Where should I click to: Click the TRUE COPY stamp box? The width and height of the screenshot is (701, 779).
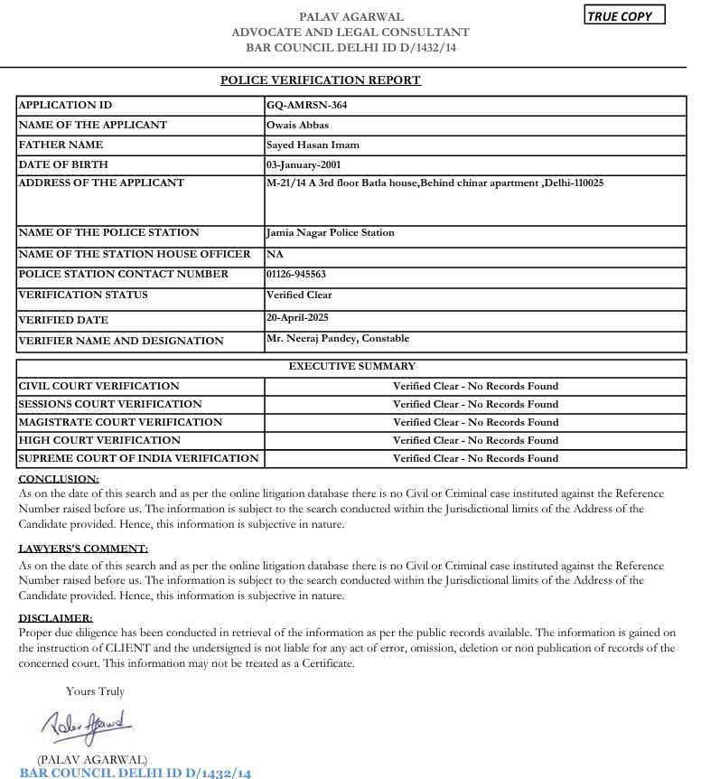[624, 15]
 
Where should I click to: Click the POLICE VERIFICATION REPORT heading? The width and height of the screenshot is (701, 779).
[321, 80]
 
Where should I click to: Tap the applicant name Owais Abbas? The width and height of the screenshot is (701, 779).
[297, 125]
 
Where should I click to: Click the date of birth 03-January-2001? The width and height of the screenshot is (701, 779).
[303, 164]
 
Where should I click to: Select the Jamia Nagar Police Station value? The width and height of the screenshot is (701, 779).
[330, 232]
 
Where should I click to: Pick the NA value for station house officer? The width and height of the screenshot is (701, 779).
[275, 254]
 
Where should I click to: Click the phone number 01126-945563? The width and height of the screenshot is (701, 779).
[295, 274]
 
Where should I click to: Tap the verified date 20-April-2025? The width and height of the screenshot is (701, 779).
[297, 317]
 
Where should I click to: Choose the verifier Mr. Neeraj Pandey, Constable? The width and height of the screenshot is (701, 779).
[338, 338]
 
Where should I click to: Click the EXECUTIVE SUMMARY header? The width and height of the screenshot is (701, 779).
[351, 366]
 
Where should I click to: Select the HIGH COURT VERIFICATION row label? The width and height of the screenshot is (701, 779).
[99, 440]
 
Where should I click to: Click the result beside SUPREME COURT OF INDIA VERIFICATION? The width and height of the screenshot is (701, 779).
[475, 458]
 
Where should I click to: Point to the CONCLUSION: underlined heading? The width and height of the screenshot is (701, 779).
[59, 479]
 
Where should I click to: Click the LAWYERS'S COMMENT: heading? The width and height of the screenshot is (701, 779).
[83, 549]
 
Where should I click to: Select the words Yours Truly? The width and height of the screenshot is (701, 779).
[95, 691]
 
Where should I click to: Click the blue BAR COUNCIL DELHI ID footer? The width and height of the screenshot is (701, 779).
[135, 772]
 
